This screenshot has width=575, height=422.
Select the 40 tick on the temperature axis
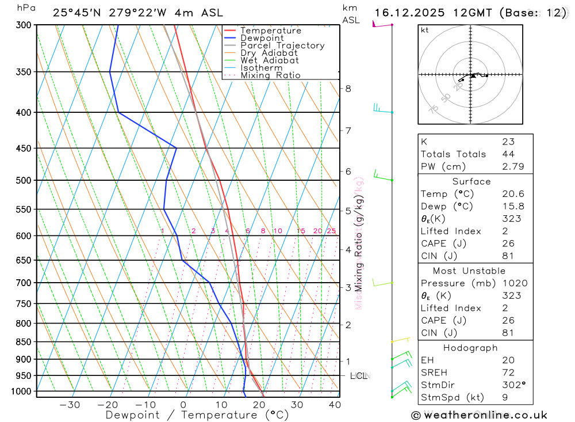point(335,405)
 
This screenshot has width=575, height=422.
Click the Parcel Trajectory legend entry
point(282,45)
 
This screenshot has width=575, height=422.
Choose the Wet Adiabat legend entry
point(270,60)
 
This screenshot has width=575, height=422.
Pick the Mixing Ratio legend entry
point(270,75)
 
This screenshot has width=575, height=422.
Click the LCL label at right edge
point(359,376)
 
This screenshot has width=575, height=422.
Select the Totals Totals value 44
point(508,154)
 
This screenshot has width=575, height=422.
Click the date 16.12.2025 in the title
point(409,13)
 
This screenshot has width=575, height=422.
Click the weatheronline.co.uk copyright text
point(479,415)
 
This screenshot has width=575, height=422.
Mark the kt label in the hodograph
point(425,30)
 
